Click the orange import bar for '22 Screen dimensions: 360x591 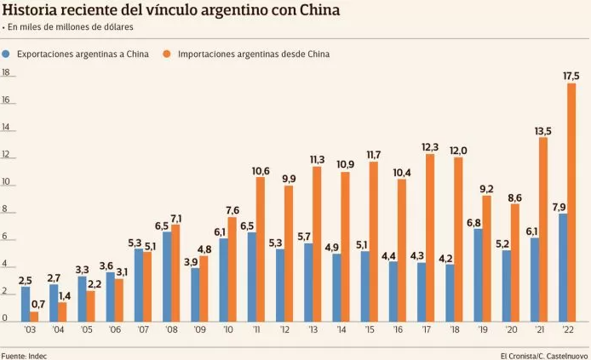[x=571, y=202]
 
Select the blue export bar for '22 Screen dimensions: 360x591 [x=561, y=266]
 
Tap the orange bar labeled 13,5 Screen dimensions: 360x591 [x=542, y=229]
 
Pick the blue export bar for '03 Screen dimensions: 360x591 [x=25, y=304]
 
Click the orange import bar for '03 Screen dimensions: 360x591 [x=34, y=317]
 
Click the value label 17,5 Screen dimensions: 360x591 [x=571, y=76]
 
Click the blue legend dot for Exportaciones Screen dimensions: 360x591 [x=7, y=54]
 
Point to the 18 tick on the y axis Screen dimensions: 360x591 [x=6, y=72]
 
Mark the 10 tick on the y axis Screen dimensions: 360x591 [x=6, y=182]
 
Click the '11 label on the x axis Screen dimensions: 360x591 [x=255, y=330]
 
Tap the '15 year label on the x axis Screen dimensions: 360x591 [x=368, y=330]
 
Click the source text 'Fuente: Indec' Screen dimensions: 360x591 [x=24, y=353]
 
